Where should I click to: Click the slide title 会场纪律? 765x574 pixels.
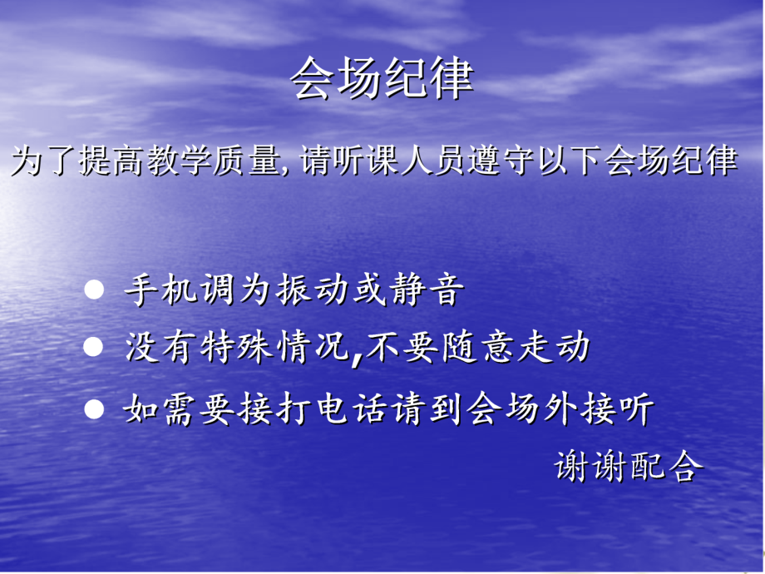[x=382, y=80]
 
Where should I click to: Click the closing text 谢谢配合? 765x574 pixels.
[x=629, y=466]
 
